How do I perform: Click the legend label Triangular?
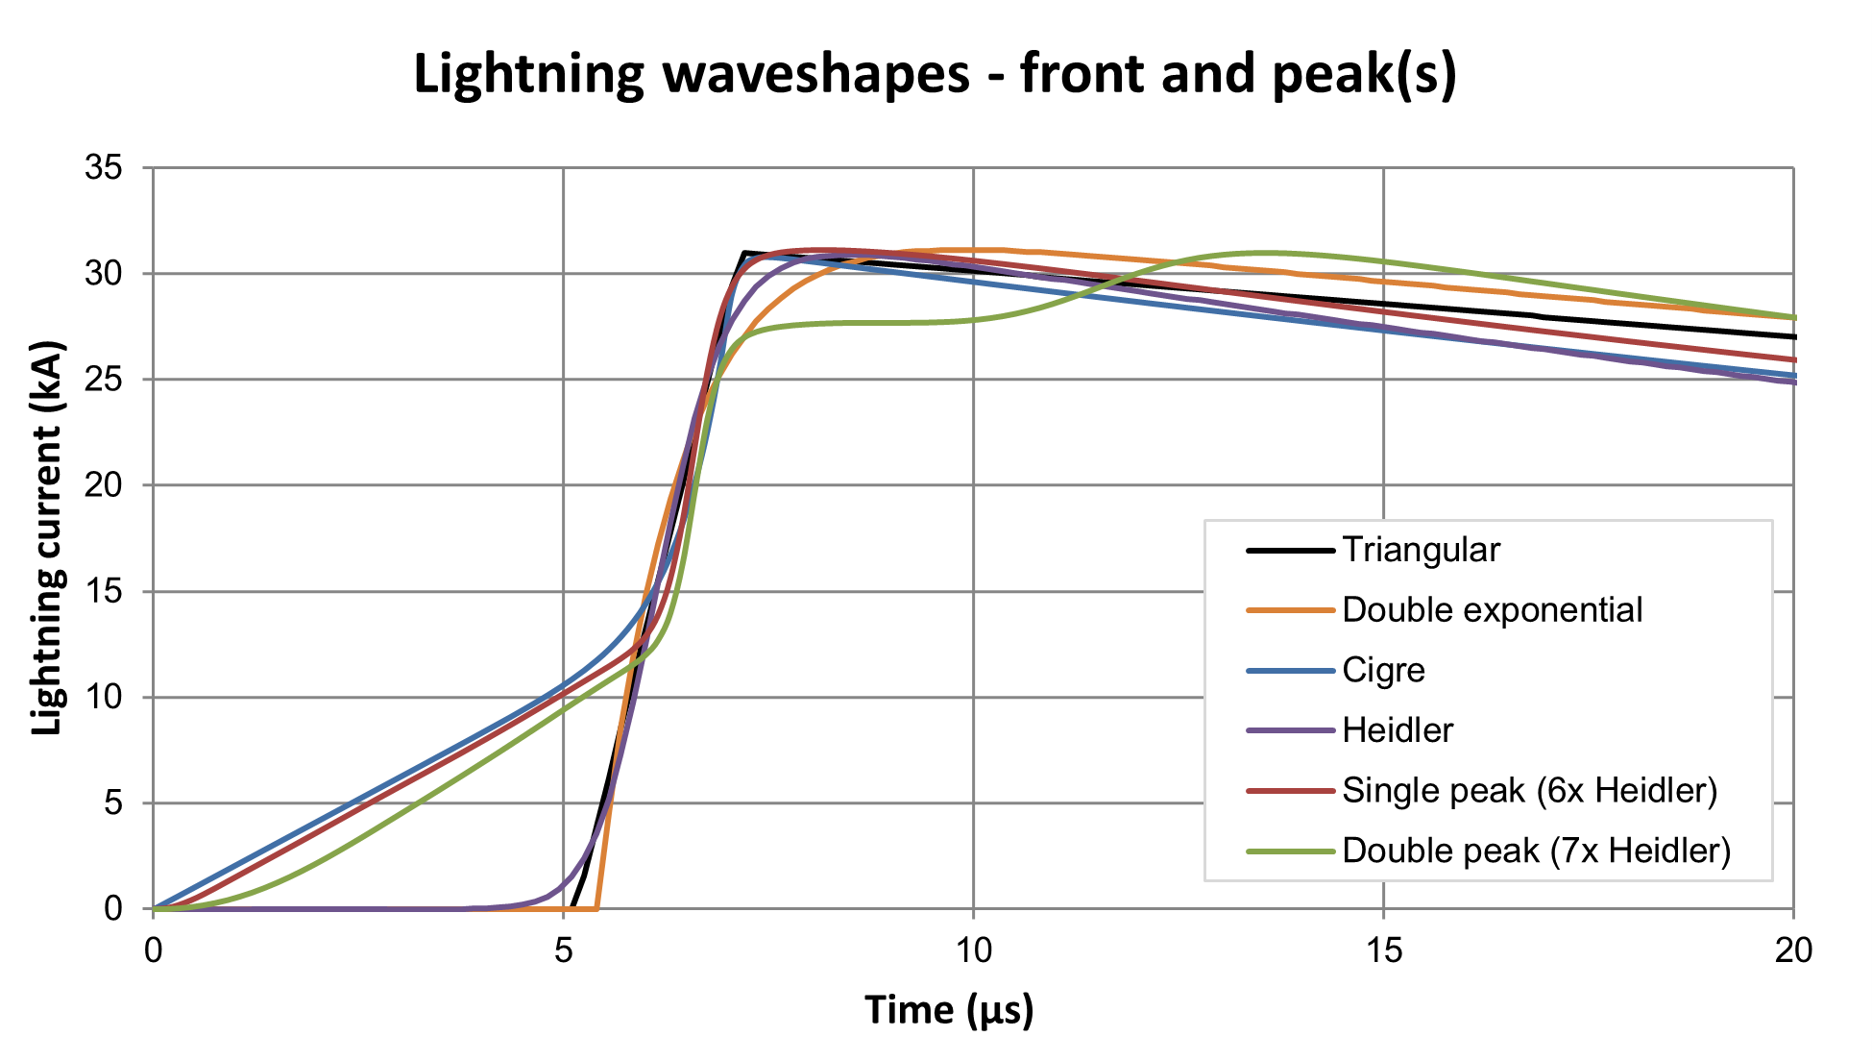coord(1421,550)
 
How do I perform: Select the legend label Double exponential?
coord(1492,610)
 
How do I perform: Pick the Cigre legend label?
coord(1383,670)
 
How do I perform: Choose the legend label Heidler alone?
coord(1398,730)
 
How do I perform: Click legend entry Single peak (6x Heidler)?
coord(1529,790)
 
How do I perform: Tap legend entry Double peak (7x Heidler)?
coord(1536,851)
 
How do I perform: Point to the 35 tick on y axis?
coord(104,168)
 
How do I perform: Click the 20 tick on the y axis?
coord(104,485)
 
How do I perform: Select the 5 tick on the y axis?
coord(113,802)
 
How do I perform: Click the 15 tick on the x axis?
coord(1383,950)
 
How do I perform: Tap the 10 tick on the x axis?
coord(973,950)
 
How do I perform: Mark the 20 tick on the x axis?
coord(1792,950)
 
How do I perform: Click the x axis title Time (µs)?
coord(949,1010)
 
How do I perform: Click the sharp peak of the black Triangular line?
coord(744,253)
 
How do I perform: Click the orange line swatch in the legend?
coord(1290,610)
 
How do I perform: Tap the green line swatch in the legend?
coord(1290,851)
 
